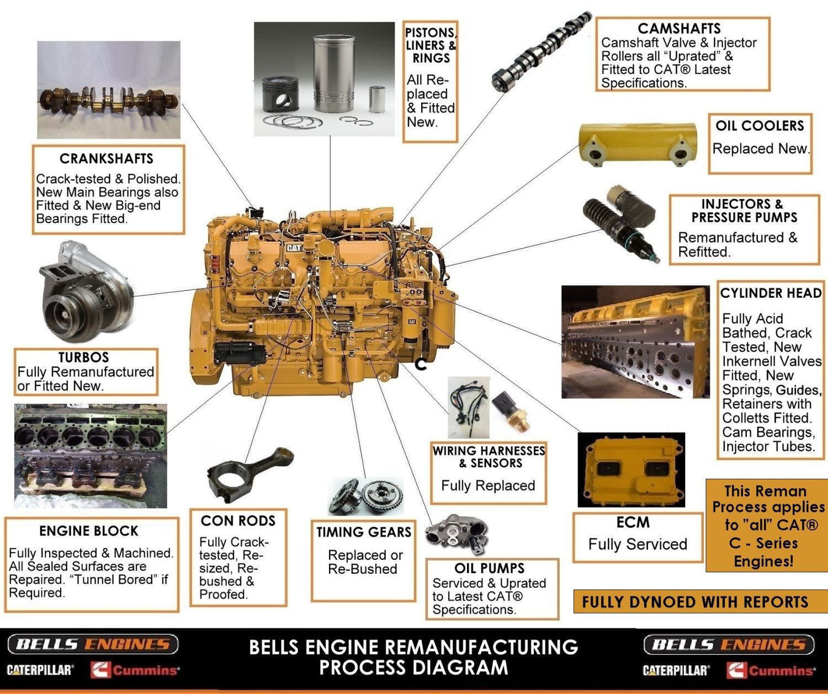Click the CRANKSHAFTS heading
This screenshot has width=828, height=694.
[x=107, y=159]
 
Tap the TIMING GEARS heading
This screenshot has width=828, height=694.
[x=364, y=532]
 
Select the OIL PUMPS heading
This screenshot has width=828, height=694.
[x=489, y=568]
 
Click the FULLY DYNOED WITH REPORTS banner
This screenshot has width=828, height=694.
[x=695, y=602]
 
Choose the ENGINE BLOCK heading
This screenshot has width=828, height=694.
[x=89, y=531]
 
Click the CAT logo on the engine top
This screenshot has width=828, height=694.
[x=294, y=248]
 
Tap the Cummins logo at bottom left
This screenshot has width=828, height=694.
[x=136, y=670]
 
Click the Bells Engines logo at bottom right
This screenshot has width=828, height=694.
[x=729, y=644]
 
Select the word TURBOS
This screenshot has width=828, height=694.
[x=84, y=357]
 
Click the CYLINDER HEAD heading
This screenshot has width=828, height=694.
[x=771, y=293]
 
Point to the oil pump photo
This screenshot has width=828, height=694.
[x=457, y=533]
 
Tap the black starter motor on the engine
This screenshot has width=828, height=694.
[x=240, y=353]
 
